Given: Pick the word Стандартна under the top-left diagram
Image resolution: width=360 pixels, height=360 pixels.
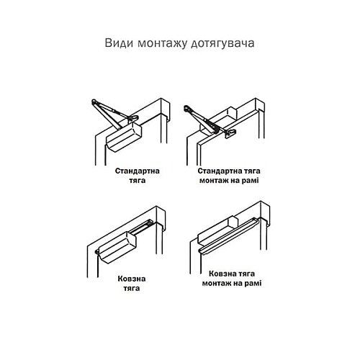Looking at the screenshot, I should (138, 173).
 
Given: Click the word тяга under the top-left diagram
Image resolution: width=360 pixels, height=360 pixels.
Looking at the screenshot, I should (138, 183).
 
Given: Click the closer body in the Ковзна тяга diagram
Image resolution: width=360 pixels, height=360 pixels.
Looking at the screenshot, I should (119, 249).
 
